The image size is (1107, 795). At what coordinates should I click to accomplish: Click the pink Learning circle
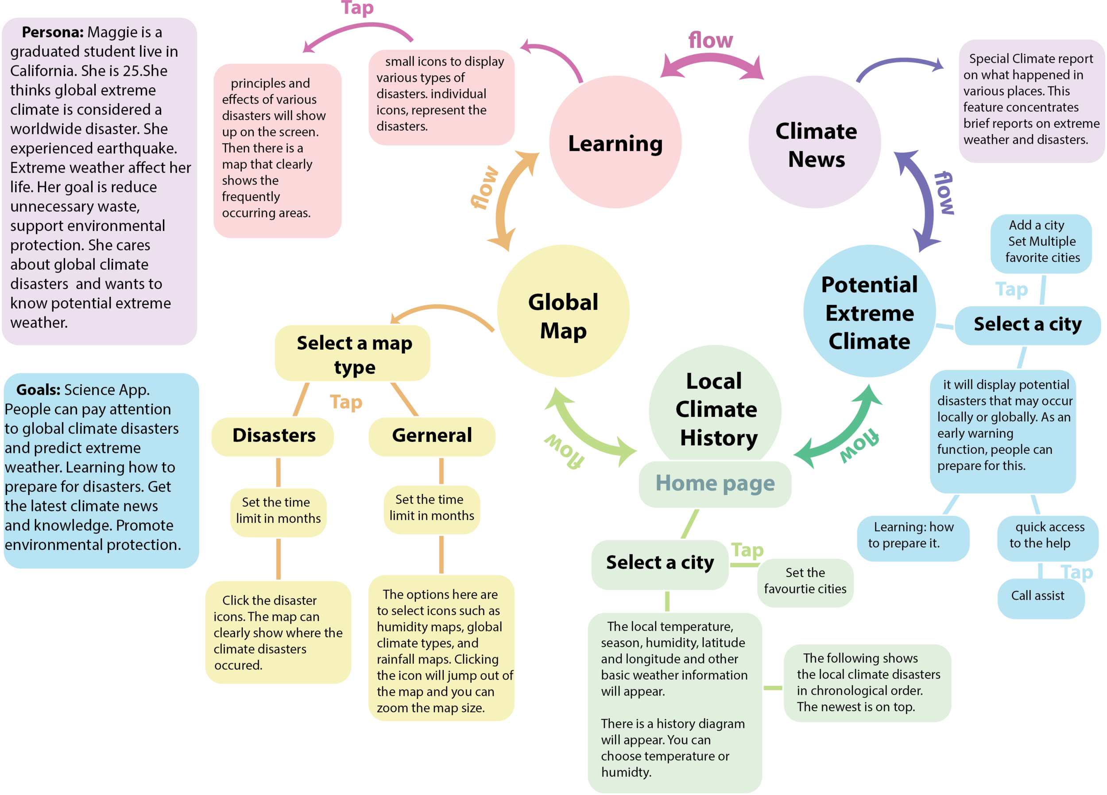click(x=615, y=143)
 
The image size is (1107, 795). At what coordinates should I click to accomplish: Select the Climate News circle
click(x=815, y=143)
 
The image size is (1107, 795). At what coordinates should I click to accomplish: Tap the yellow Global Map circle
click(x=563, y=312)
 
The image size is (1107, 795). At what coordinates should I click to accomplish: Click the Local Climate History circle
click(x=715, y=405)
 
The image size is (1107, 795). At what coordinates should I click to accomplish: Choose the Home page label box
click(x=715, y=483)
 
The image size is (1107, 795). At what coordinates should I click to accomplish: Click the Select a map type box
click(x=353, y=354)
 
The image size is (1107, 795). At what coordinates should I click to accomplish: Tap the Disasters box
click(x=273, y=436)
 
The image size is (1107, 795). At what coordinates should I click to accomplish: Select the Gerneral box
click(x=431, y=436)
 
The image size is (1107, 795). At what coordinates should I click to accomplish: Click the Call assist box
click(x=1037, y=596)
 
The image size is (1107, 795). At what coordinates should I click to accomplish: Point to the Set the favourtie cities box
click(x=805, y=581)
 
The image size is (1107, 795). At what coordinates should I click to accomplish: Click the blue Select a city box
click(x=1027, y=325)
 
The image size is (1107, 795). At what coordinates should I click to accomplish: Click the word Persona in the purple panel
click(x=53, y=33)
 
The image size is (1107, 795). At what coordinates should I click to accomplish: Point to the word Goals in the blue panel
click(x=38, y=390)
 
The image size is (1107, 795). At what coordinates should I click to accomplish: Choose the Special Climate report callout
click(x=1031, y=100)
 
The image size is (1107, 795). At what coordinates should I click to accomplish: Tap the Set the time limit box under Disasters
click(x=278, y=511)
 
